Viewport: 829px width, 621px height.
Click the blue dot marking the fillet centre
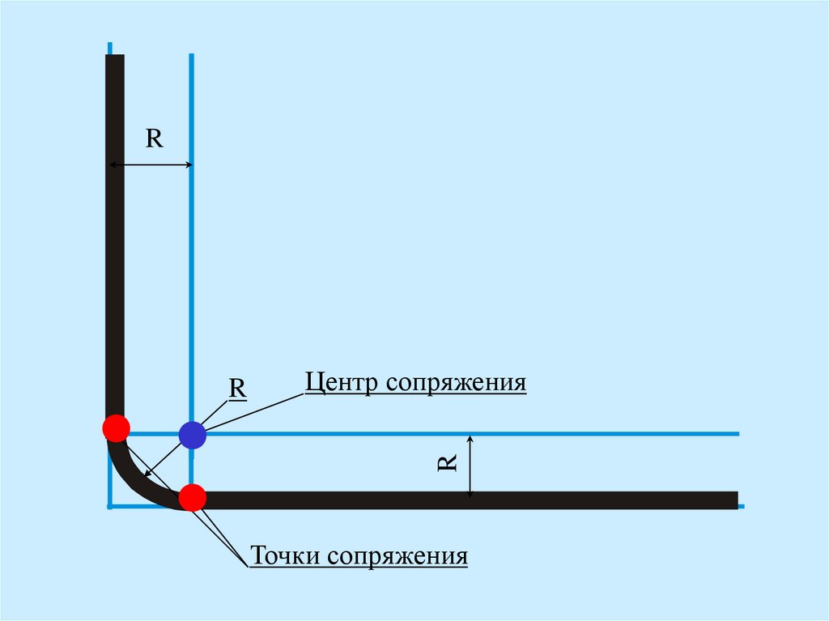click(x=192, y=435)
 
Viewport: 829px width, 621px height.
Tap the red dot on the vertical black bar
click(x=116, y=427)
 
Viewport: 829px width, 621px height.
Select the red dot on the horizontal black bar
click(x=192, y=497)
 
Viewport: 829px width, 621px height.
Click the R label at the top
click(x=154, y=138)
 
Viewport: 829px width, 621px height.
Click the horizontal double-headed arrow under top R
click(x=151, y=165)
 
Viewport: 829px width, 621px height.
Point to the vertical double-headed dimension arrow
click(x=470, y=466)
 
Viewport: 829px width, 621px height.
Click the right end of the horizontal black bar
click(x=734, y=500)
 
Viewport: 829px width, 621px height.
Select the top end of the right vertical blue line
click(x=191, y=56)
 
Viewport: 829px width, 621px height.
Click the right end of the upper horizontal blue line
click(x=737, y=434)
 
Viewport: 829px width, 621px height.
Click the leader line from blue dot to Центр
click(x=251, y=410)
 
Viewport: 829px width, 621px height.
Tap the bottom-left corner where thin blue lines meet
click(x=109, y=506)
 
